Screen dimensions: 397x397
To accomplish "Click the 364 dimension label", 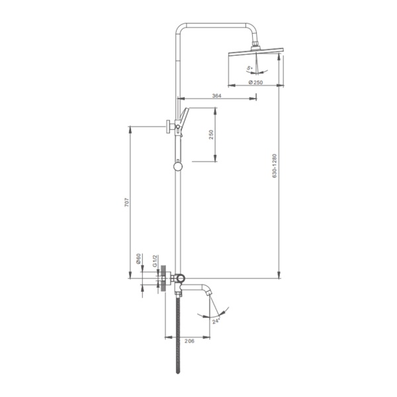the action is click(217, 96).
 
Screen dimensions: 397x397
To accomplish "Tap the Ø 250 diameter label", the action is click(255, 82).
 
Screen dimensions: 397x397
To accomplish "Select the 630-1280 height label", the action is click(275, 166).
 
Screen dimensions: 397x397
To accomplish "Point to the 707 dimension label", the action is click(127, 202).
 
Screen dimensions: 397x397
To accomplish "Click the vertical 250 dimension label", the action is click(211, 134).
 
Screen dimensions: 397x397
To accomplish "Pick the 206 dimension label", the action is click(189, 341).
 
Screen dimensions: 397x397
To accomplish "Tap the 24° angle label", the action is click(216, 322).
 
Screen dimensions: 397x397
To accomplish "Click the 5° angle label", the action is click(250, 68).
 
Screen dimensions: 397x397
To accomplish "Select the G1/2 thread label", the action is click(155, 261).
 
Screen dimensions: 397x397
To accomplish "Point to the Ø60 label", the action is click(138, 259).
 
